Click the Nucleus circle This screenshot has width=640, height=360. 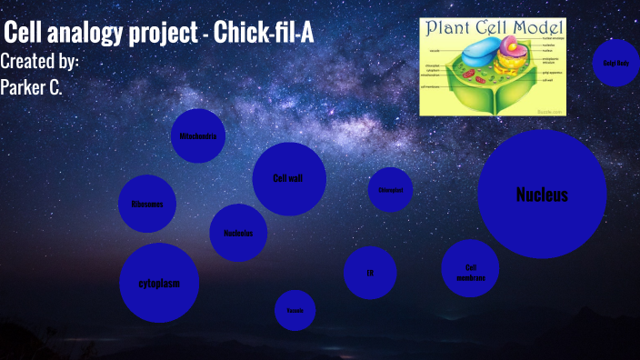coord(542,194)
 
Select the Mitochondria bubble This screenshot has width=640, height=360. coord(197,136)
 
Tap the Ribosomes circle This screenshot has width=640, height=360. coord(147,203)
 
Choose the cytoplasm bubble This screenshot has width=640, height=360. coord(159,283)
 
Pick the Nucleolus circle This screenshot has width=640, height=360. coord(238,232)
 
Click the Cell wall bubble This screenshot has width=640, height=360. coord(288,178)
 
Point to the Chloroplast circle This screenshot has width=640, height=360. coord(391,190)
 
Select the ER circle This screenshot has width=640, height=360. coord(370,272)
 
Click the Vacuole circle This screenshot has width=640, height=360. coord(295,311)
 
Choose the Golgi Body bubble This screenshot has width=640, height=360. coord(616,63)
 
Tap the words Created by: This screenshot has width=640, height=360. coord(40,62)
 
